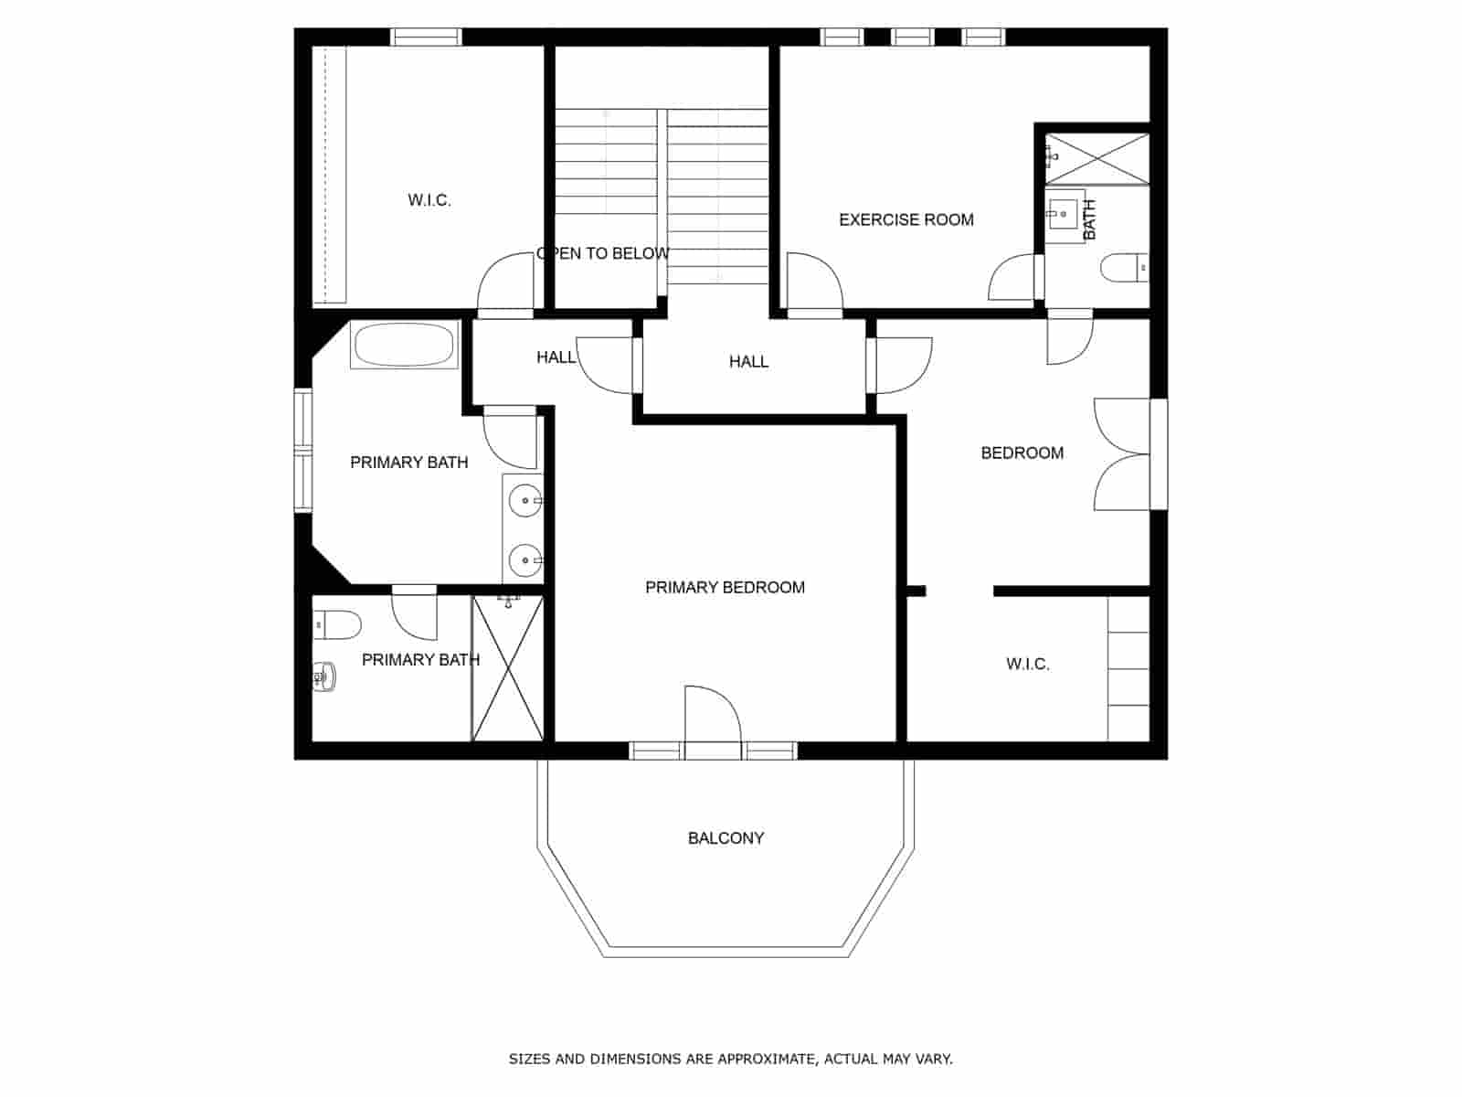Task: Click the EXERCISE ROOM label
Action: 906,219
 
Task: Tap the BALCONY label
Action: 726,837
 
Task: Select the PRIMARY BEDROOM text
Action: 725,587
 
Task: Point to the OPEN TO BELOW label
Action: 603,253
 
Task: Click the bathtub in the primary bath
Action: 404,345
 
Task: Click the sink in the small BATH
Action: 1064,216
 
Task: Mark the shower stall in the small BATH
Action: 1096,158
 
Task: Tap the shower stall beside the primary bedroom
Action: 508,667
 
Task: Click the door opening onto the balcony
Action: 713,722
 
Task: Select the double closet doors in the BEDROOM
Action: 1122,453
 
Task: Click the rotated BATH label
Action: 1089,219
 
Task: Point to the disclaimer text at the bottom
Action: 730,1059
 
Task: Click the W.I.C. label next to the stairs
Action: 429,200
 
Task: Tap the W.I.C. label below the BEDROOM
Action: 1027,664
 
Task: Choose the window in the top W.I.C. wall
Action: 426,37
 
